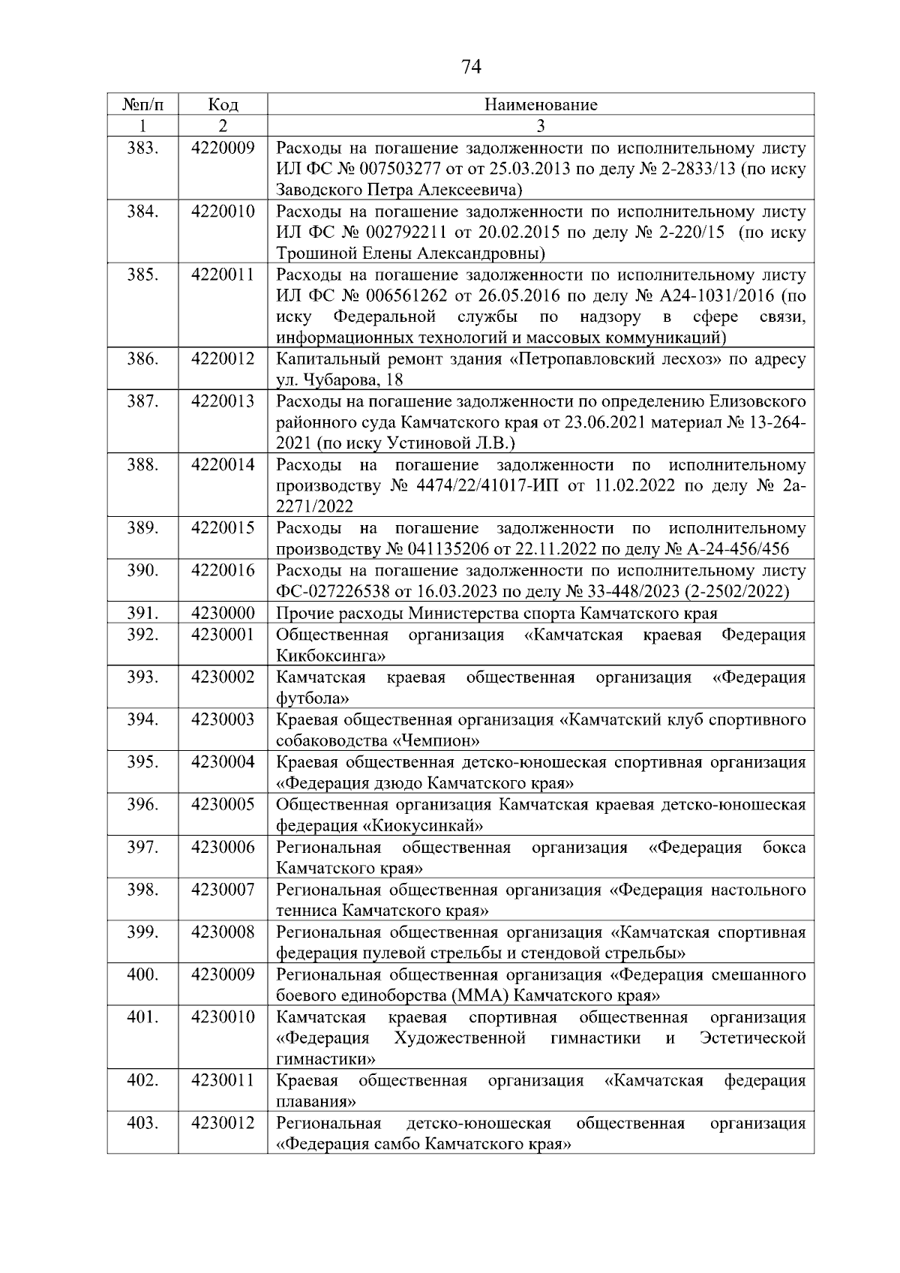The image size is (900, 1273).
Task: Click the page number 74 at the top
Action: point(470,68)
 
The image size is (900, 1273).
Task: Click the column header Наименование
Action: point(541,104)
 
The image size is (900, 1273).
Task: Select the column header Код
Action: point(223,104)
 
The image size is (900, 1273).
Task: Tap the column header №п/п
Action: point(142,104)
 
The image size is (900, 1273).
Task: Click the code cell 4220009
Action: point(223,148)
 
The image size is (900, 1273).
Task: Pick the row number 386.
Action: point(142,359)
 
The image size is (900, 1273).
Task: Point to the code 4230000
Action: point(223,614)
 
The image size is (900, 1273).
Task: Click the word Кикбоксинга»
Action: point(331,656)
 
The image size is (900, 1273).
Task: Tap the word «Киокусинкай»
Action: point(422,826)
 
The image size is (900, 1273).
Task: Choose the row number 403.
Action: point(142,1124)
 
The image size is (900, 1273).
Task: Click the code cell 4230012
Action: point(223,1124)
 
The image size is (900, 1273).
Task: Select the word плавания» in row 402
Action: point(316,1103)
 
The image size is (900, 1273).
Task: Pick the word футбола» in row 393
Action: point(312,699)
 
